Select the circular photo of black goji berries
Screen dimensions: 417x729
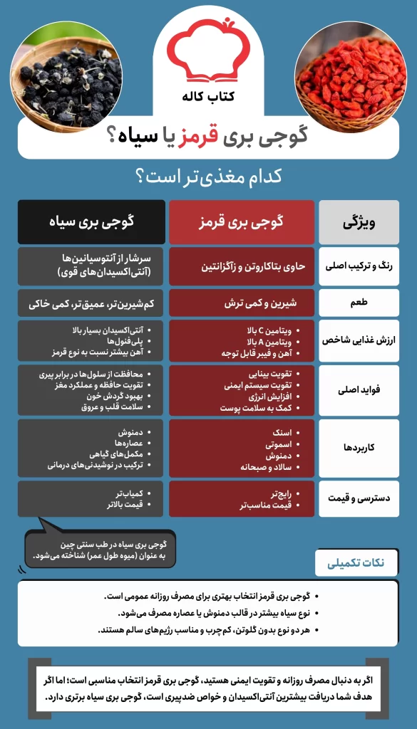pyautogui.click(x=58, y=79)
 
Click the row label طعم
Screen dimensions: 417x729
pyautogui.click(x=359, y=303)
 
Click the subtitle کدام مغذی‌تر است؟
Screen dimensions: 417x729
pyautogui.click(x=207, y=175)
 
